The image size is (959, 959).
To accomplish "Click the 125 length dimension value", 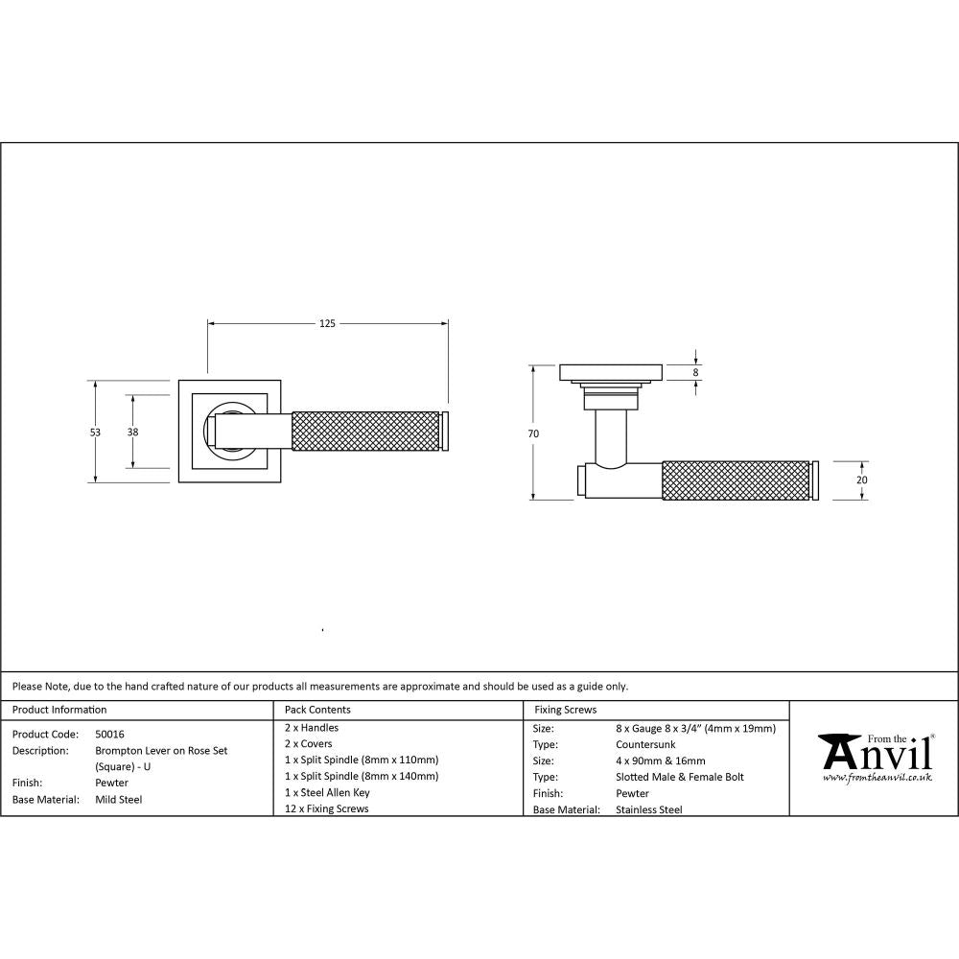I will tap(327, 324).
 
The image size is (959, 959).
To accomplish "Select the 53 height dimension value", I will tap(95, 433).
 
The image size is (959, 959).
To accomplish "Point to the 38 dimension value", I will tap(132, 433).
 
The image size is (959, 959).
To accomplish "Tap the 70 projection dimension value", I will tap(533, 433).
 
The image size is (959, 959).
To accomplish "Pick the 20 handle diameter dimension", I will tap(861, 479).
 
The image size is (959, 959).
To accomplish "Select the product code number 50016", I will tap(109, 734).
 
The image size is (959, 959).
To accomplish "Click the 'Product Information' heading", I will tap(59, 710).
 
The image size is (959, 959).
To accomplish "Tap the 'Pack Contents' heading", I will tap(318, 710).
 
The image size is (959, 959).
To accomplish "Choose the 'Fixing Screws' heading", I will tap(565, 710).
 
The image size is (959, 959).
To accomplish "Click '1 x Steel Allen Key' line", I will tap(327, 793).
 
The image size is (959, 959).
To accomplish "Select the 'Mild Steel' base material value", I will tap(119, 799).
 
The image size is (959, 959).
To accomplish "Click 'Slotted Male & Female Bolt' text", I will tap(679, 777).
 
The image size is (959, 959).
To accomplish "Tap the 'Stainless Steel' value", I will tap(649, 809).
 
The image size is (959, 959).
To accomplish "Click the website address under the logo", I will tap(877, 779).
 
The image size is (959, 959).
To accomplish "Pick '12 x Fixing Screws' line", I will tap(327, 809).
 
